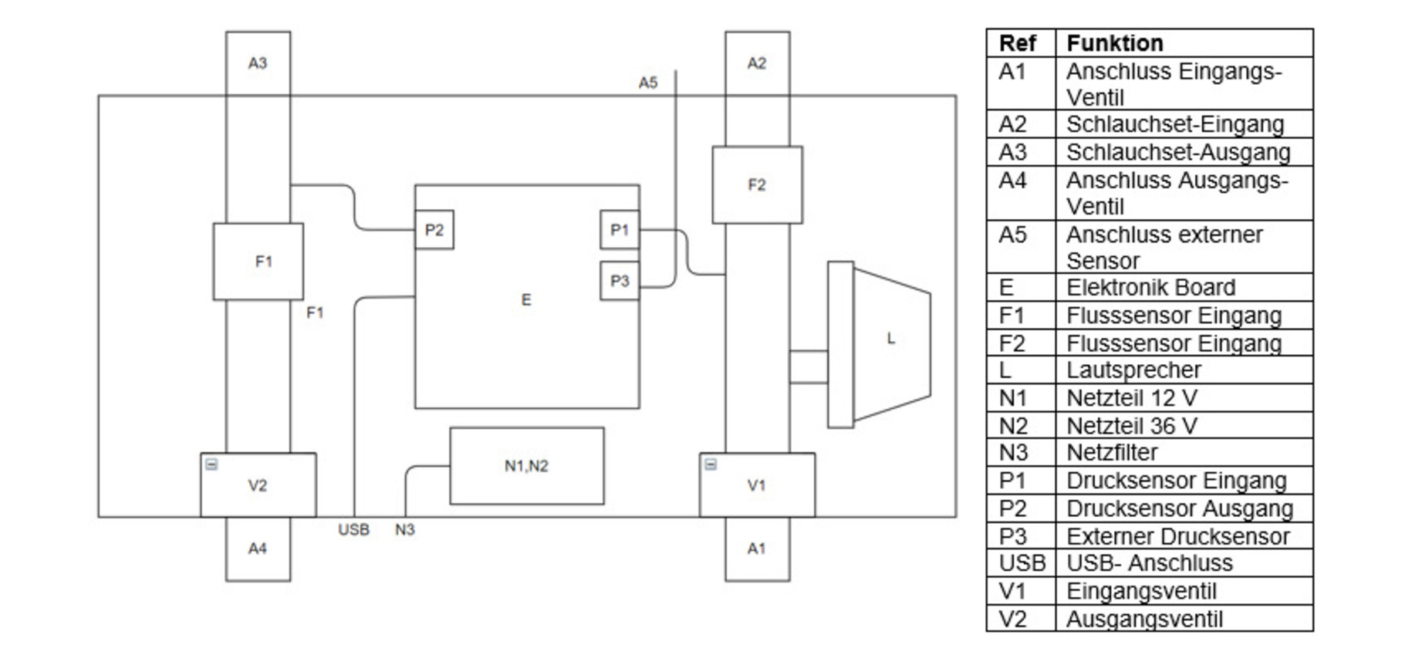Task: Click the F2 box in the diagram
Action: (x=756, y=185)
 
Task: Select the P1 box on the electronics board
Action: (x=620, y=230)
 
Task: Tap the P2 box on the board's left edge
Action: (x=434, y=230)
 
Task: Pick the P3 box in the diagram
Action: (x=620, y=281)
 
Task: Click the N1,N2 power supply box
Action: (x=526, y=466)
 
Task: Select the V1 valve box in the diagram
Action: (x=756, y=485)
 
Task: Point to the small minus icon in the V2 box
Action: (x=211, y=464)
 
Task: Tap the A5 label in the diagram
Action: (x=648, y=83)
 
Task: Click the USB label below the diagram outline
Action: (x=353, y=530)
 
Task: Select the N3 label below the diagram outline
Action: (x=404, y=530)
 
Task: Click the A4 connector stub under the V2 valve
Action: (x=258, y=549)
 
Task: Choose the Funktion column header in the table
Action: (x=1114, y=43)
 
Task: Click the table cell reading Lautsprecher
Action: (x=1133, y=370)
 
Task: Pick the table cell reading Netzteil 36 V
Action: (x=1132, y=426)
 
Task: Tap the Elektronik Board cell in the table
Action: (x=1150, y=288)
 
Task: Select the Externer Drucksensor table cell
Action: (x=1177, y=537)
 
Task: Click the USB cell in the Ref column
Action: (x=1022, y=564)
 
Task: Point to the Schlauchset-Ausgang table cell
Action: (x=1177, y=153)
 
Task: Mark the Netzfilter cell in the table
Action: (x=1112, y=453)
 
